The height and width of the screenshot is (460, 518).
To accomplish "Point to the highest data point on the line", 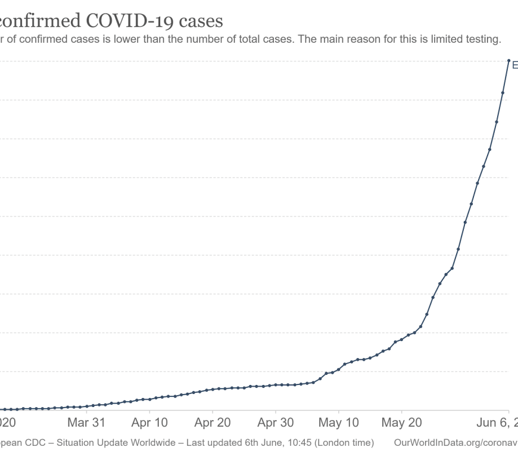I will [x=508, y=60].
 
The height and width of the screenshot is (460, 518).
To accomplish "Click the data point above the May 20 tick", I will [x=401, y=339].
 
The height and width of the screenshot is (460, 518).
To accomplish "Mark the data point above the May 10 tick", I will [x=339, y=370].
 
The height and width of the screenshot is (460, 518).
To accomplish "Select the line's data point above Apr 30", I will [x=276, y=385].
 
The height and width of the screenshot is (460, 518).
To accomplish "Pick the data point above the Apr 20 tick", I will [x=213, y=390].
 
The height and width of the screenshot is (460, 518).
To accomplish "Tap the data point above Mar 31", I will [x=87, y=406].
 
